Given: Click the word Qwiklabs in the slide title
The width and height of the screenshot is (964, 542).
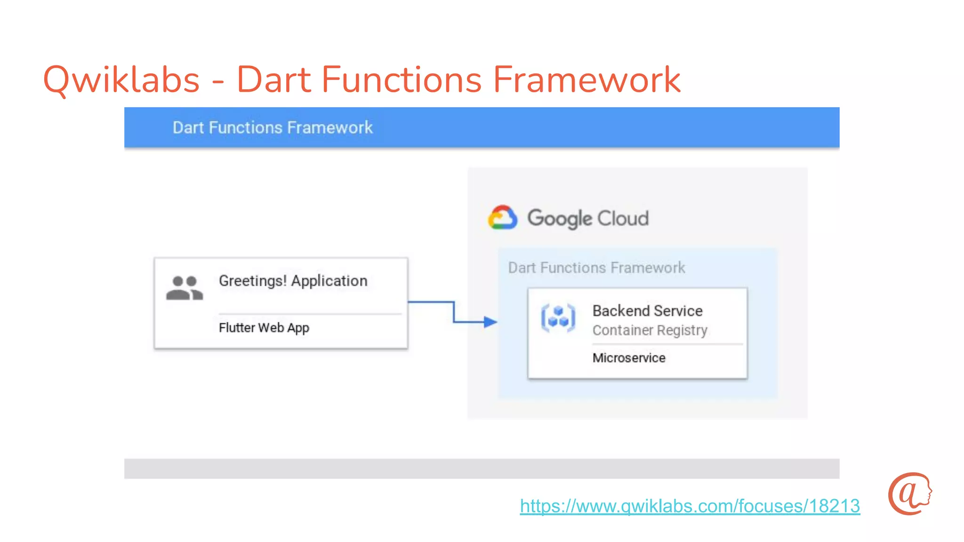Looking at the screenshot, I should (x=121, y=80).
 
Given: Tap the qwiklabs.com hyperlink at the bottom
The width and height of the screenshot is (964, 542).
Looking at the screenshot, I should (x=690, y=506).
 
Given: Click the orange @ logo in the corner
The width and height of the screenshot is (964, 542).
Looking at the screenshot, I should (x=909, y=494).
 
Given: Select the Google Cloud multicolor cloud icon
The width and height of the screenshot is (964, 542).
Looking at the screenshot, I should (x=502, y=217).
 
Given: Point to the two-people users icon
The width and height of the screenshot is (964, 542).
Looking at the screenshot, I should (x=184, y=288).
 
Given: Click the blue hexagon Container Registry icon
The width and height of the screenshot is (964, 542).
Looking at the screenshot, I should (x=558, y=318).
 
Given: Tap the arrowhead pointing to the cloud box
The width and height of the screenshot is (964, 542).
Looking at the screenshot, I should (x=490, y=322).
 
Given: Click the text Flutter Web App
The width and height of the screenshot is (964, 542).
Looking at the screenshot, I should (x=264, y=327).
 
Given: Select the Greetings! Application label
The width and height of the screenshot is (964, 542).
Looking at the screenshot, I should (x=293, y=281).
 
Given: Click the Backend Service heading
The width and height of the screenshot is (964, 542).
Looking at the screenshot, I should (x=647, y=311).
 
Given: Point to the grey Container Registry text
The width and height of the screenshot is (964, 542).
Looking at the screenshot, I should (x=650, y=330).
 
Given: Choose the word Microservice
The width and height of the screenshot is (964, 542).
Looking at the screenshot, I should (x=629, y=358).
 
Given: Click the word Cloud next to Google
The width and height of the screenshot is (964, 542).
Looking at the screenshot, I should (x=623, y=218).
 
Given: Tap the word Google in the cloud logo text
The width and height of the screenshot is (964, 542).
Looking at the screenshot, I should (x=559, y=218).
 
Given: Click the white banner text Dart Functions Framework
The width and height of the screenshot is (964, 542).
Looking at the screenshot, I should (x=273, y=128).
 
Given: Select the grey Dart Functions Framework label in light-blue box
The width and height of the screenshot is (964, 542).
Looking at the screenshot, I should (x=596, y=268).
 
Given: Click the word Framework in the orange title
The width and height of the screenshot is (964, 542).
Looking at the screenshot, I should (x=586, y=80).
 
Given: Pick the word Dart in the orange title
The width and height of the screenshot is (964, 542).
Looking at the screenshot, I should (x=273, y=80).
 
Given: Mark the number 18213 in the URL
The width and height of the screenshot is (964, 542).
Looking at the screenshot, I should (x=835, y=506).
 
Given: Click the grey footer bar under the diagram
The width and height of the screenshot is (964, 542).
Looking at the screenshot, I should (x=482, y=469).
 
